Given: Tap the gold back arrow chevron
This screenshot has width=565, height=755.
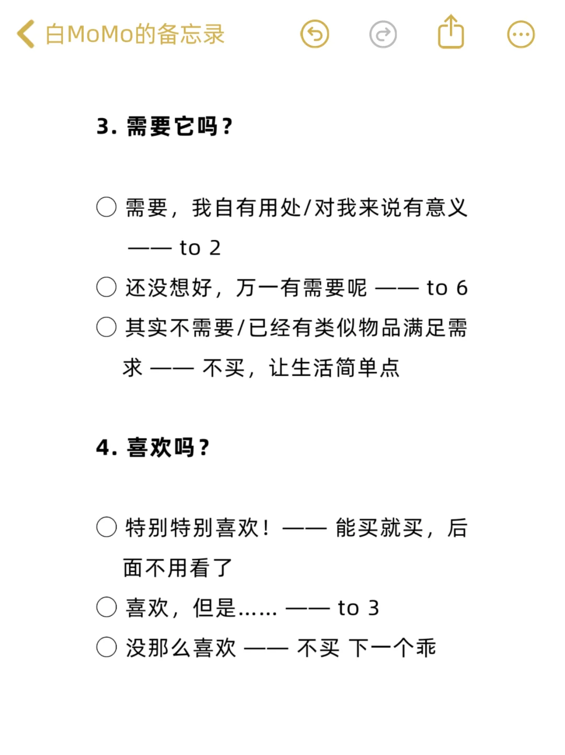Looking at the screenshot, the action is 26,35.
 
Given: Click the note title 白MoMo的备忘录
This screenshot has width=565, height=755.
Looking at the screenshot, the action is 135,35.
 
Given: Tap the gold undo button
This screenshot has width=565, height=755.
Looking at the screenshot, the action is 314,35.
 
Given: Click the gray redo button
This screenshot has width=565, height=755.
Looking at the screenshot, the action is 383,35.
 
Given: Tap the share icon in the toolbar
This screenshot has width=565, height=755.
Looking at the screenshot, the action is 450,32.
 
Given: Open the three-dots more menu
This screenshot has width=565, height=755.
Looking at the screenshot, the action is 521,35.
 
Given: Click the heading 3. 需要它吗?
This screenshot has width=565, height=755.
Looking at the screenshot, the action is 165,127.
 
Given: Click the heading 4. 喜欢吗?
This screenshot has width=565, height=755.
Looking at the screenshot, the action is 153,448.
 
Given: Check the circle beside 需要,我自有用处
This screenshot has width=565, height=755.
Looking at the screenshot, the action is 106,207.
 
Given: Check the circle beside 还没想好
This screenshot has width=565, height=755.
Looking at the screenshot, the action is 106,287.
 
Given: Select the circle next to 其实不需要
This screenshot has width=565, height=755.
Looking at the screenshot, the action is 106,327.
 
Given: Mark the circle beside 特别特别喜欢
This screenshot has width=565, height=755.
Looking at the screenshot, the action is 106,527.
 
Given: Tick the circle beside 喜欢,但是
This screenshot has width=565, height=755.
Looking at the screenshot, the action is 106,607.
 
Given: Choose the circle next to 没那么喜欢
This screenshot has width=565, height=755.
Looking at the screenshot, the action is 106,647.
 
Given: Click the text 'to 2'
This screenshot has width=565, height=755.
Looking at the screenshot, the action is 200,248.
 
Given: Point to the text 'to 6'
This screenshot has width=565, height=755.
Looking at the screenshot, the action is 447,288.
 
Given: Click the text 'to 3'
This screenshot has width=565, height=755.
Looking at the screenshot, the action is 358,608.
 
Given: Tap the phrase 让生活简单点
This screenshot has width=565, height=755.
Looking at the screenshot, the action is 334,368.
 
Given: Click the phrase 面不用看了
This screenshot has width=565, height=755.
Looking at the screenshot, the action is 178,568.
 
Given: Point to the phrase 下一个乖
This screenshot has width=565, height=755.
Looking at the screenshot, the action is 392,648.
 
